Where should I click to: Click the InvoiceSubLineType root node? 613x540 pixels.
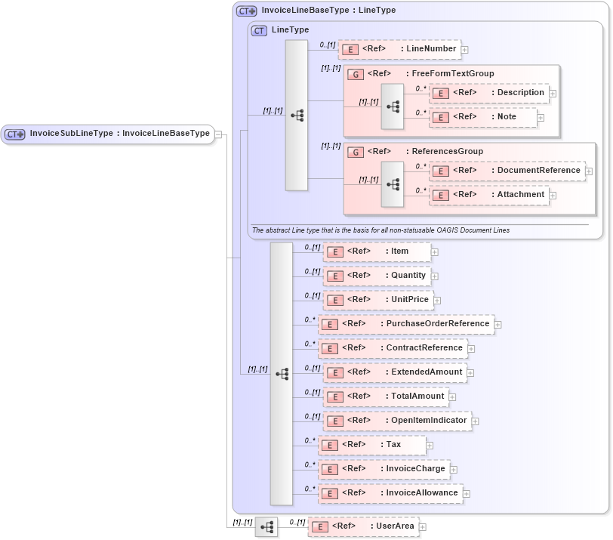(107, 134)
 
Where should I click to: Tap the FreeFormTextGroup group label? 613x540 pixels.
(430, 73)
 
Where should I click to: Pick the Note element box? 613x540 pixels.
(483, 117)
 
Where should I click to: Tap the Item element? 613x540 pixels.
(377, 251)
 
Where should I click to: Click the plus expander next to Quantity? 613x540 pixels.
(435, 276)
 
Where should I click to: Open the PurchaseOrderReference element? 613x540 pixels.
(405, 324)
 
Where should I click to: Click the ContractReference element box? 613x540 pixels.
(392, 348)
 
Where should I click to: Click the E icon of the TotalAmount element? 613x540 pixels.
(334, 397)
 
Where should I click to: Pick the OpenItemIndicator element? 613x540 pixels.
(397, 421)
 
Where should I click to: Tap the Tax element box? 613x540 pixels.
(371, 445)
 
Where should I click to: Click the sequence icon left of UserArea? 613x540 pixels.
(266, 527)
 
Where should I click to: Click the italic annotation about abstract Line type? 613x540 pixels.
(385, 230)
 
